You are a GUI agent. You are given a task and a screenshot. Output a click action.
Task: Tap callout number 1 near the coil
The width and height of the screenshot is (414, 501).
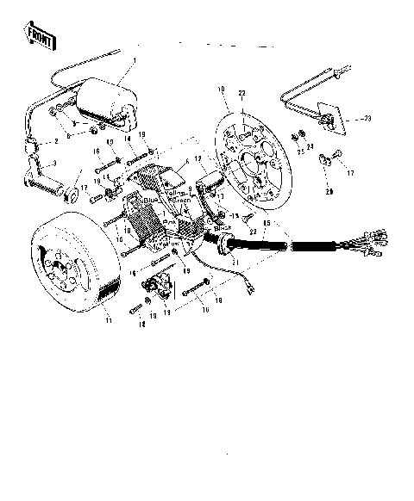(x=135, y=60)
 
